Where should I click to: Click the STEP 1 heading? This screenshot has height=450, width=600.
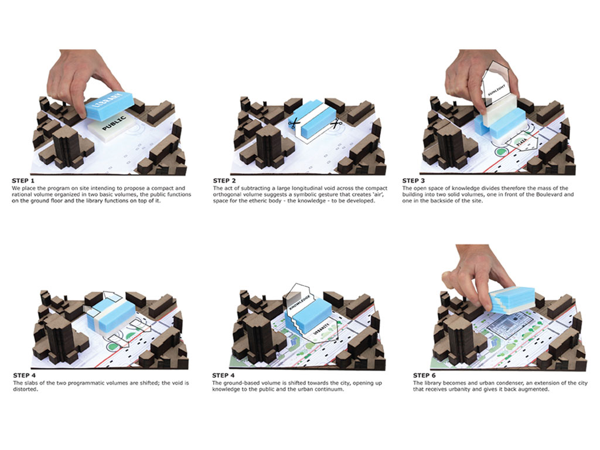click(x=23, y=180)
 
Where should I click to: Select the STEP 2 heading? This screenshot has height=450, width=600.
click(x=224, y=180)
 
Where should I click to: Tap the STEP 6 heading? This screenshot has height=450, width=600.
click(x=424, y=376)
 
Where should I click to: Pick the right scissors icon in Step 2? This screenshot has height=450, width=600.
click(x=336, y=124)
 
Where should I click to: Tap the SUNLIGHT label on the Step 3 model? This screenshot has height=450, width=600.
click(x=497, y=90)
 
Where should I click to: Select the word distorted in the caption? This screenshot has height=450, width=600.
click(x=26, y=390)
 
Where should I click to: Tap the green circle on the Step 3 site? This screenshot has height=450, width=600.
click(x=500, y=153)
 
